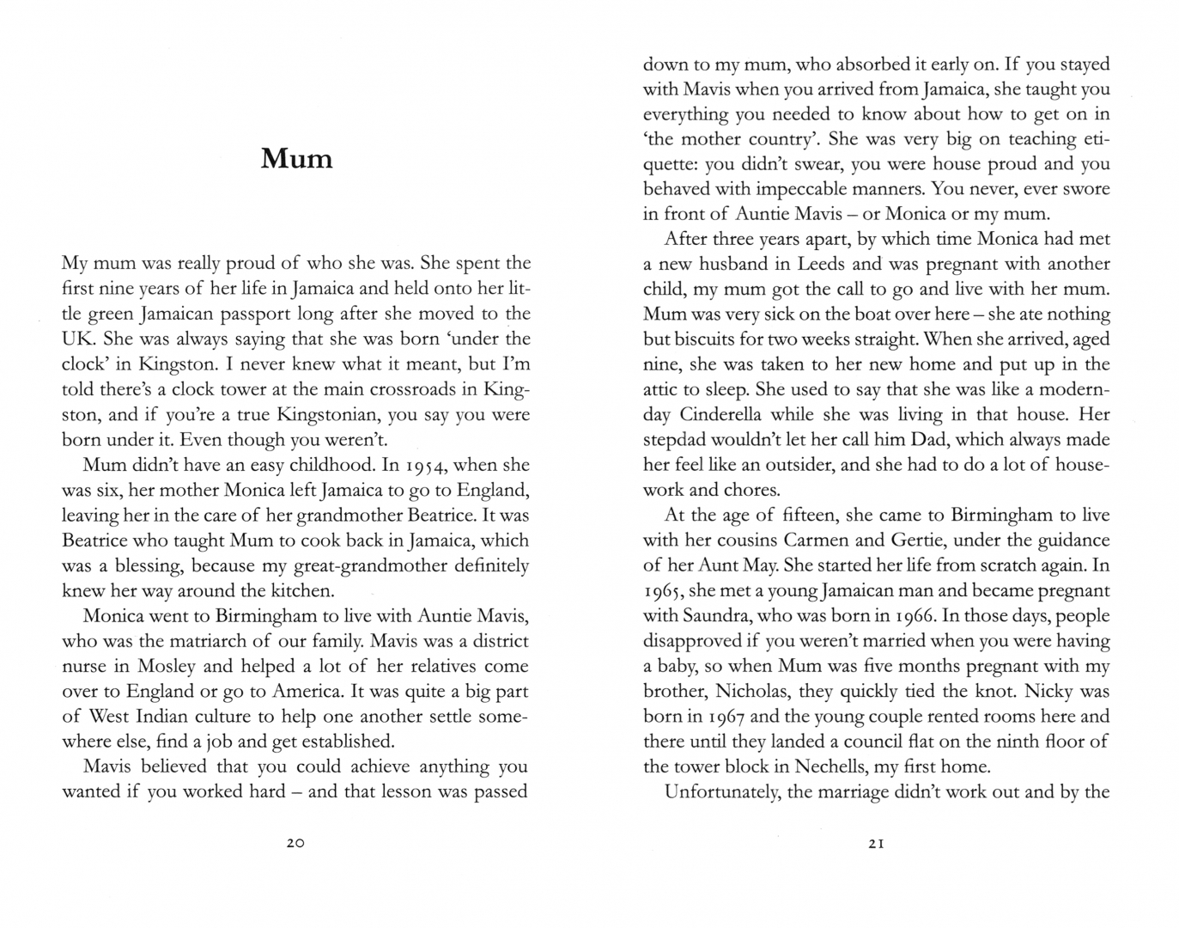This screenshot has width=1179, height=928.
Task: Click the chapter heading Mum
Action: pos(296,160)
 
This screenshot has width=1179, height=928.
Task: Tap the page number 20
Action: pos(295,844)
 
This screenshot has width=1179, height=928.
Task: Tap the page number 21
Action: pos(876,844)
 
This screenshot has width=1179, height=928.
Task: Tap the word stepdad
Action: pos(678,440)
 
